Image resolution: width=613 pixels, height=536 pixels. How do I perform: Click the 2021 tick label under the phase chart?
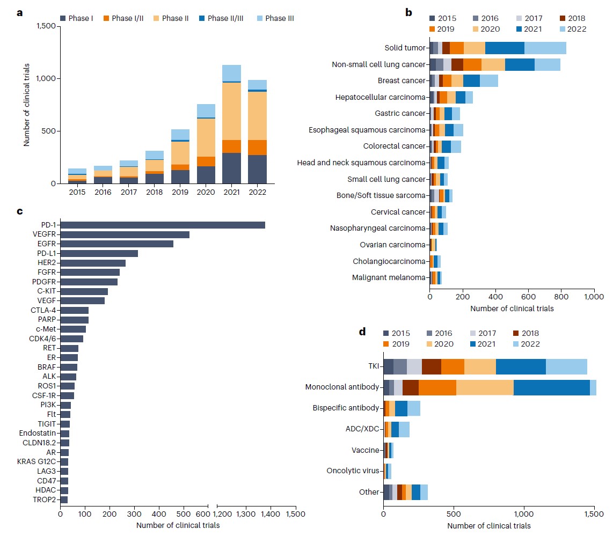(231, 192)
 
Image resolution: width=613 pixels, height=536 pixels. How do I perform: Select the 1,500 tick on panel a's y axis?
(45, 26)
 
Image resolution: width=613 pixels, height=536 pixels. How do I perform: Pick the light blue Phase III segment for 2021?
(231, 73)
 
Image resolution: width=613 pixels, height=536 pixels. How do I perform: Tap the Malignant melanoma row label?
(389, 277)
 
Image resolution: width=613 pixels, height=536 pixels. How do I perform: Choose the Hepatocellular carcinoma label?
(380, 97)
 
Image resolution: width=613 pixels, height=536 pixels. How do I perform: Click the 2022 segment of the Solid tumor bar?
(545, 48)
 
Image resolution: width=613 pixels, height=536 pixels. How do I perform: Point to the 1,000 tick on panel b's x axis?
(594, 296)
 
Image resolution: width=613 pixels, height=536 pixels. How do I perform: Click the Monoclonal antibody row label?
(342, 387)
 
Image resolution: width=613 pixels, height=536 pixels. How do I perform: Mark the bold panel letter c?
(19, 211)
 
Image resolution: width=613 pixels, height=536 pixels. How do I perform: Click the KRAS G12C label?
(38, 461)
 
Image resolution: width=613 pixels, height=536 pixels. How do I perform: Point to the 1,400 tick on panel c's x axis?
(271, 513)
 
